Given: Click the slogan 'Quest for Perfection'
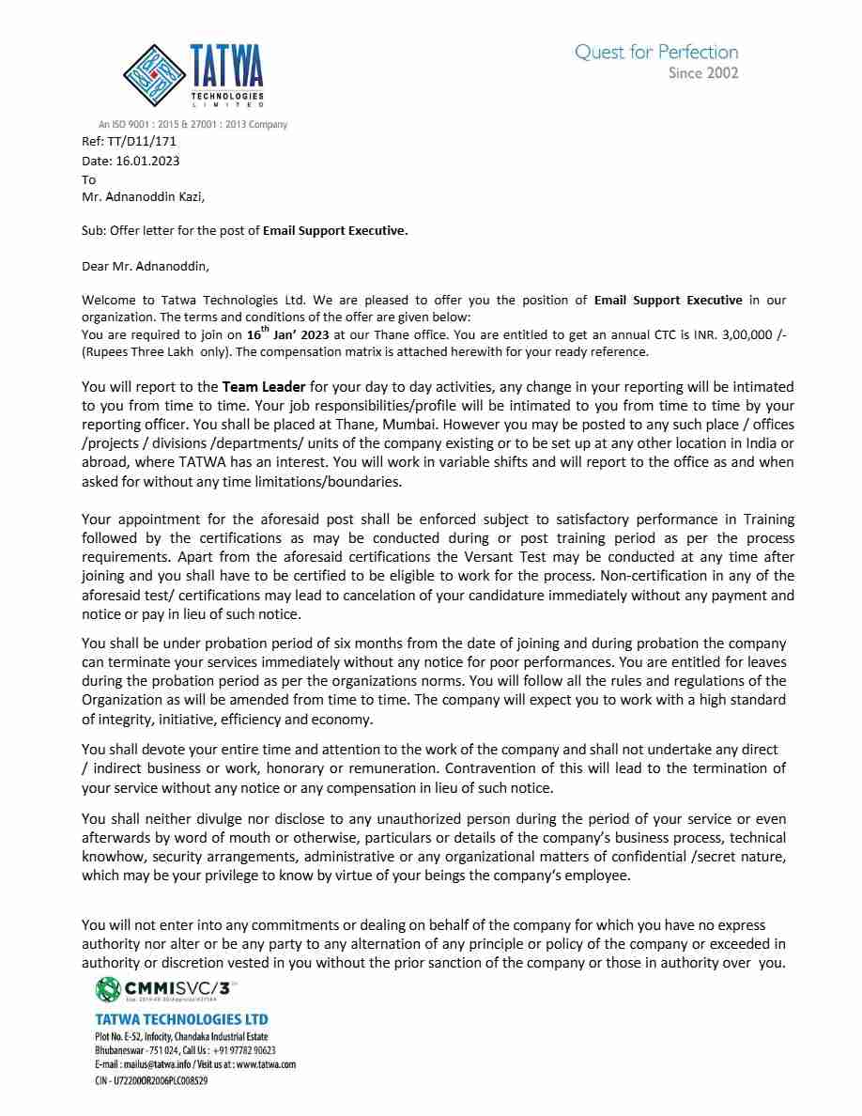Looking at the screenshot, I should (656, 53).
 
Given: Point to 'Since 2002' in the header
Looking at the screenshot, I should (703, 73).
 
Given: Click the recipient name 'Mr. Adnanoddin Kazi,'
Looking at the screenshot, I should (143, 197).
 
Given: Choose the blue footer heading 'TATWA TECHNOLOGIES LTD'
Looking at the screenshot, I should (181, 1019).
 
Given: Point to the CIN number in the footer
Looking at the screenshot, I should (151, 1081).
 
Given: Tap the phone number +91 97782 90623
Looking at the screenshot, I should (244, 1050).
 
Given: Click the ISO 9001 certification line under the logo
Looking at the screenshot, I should (192, 125).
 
